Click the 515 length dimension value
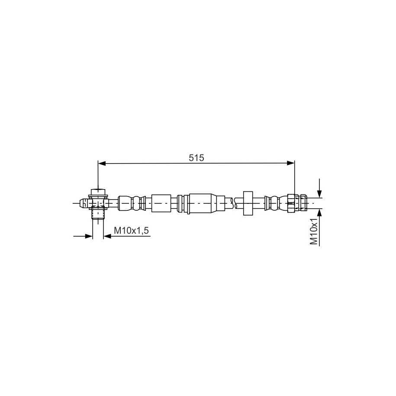[x=196, y=158]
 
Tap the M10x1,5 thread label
[x=131, y=231]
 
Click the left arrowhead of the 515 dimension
[x=102, y=164]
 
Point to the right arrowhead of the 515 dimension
[x=291, y=164]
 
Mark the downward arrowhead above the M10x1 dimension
[x=320, y=194]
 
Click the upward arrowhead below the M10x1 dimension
[x=320, y=212]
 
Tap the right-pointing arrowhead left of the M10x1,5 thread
[x=89, y=236]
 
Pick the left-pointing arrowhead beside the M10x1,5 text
[x=107, y=236]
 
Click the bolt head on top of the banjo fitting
[x=98, y=192]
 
